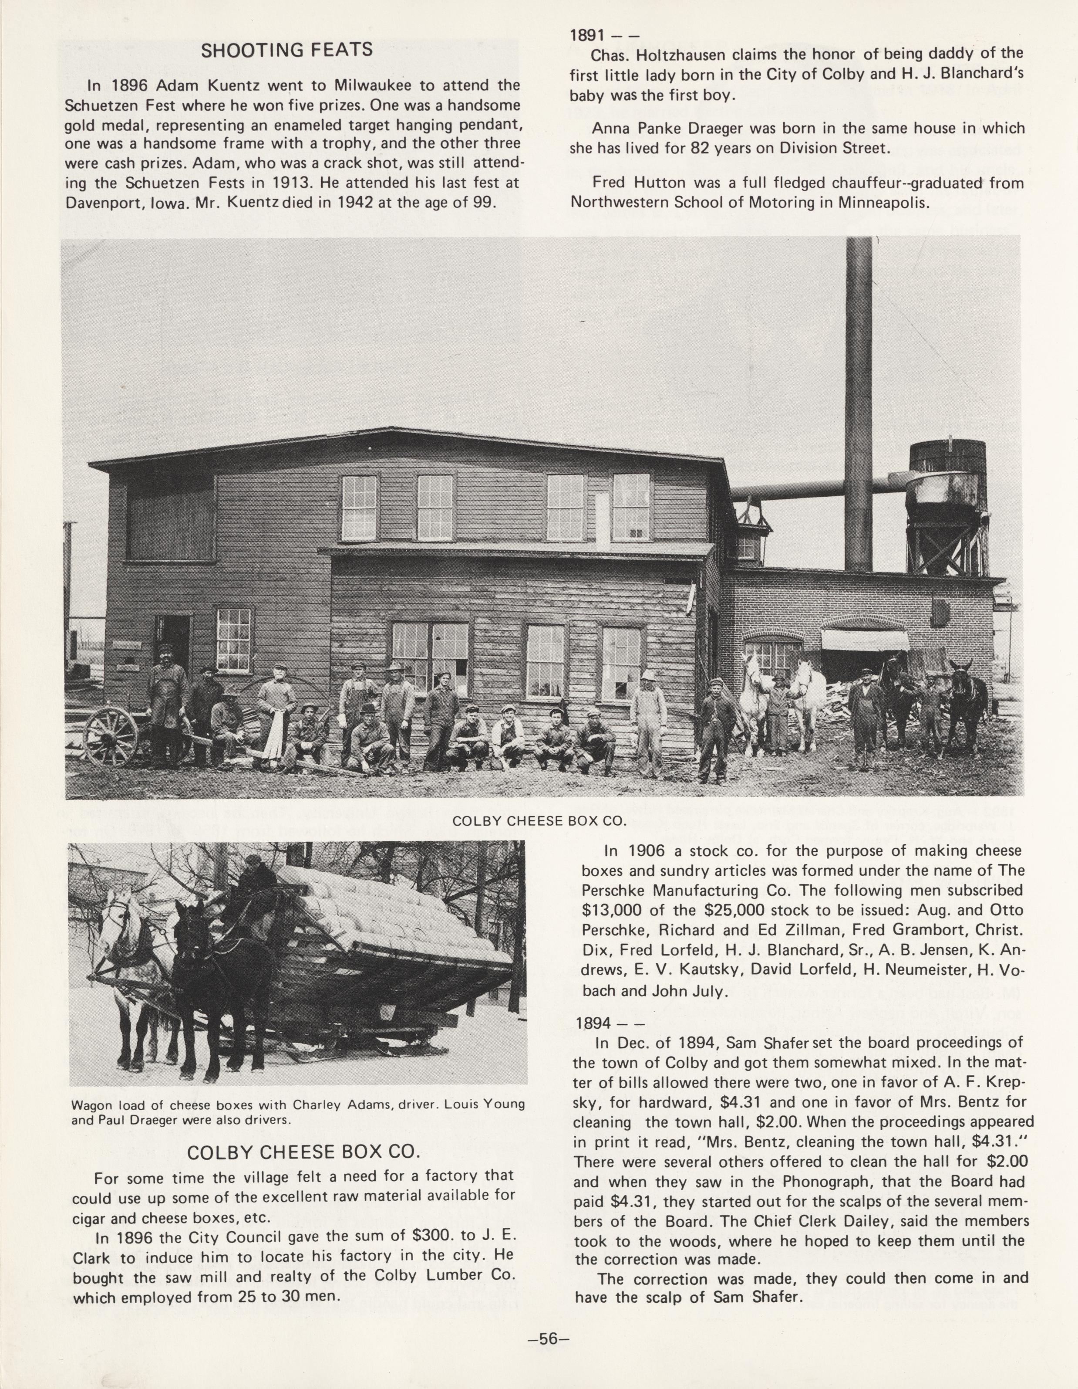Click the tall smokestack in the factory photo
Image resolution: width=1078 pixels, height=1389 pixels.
tap(859, 407)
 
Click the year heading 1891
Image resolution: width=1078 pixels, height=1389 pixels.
tap(587, 36)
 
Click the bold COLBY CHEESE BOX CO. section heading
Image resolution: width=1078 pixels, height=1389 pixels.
tap(304, 1152)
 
